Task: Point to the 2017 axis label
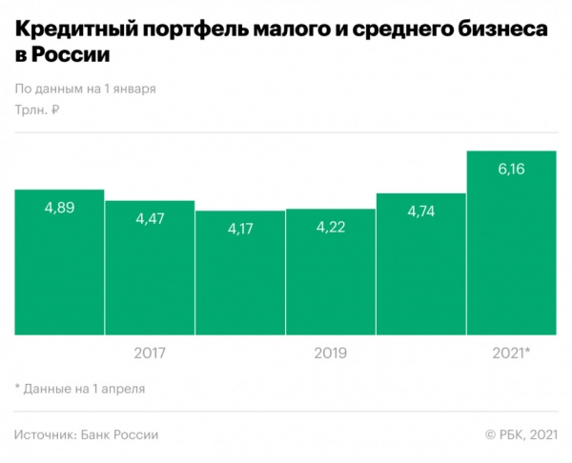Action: point(150,353)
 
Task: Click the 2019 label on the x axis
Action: point(331,353)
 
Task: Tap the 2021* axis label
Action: point(511,353)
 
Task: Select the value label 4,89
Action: point(59,207)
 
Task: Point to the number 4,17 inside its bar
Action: point(240,229)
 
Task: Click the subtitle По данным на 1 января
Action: point(86,89)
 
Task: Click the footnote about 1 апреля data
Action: point(80,389)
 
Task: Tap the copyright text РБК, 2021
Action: point(521,434)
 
